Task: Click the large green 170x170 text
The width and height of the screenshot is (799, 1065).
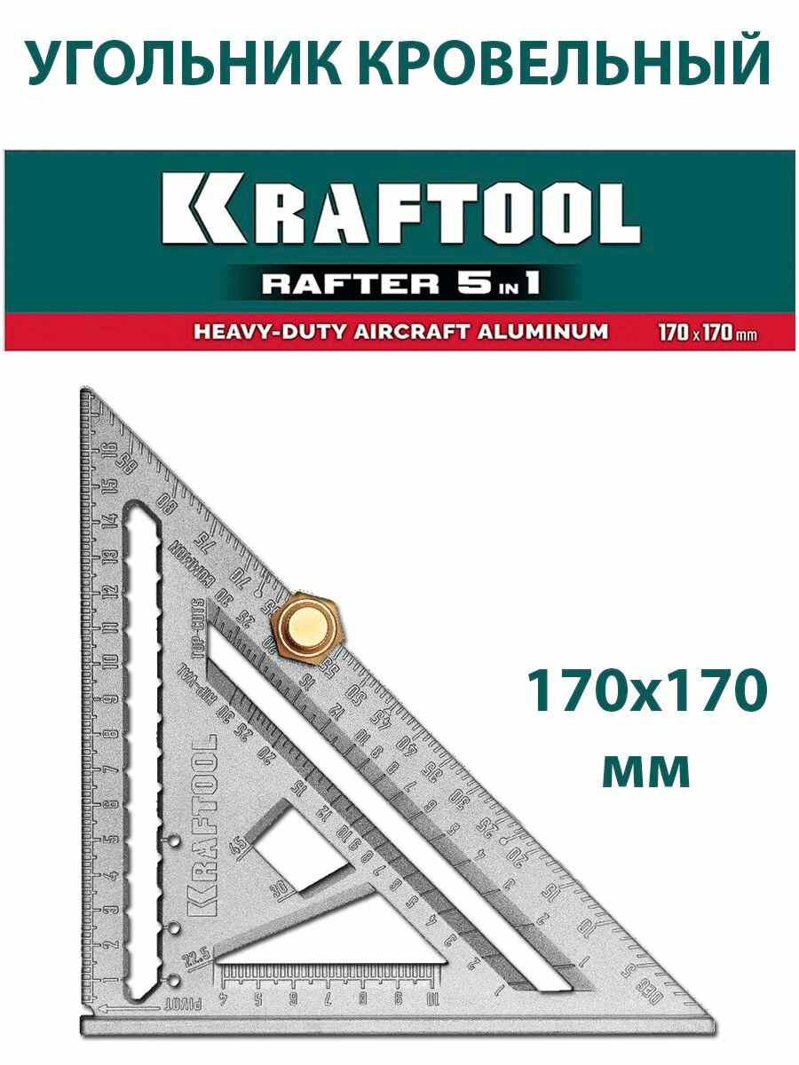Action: click(645, 691)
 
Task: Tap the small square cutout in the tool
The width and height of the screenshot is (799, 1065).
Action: click(297, 844)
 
